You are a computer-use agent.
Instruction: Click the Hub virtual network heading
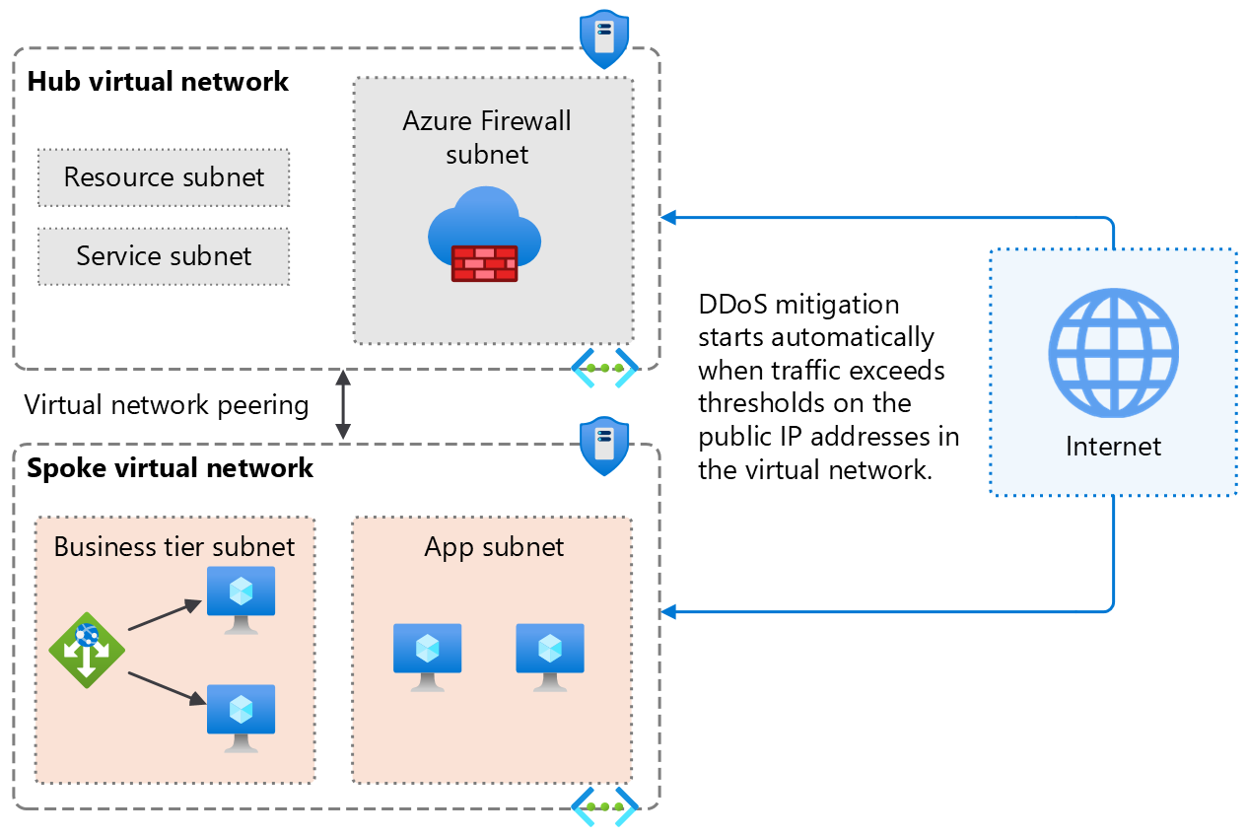click(158, 81)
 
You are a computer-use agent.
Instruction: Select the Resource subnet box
click(164, 177)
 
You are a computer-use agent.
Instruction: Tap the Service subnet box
click(164, 256)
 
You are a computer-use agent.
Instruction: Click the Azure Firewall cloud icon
click(484, 235)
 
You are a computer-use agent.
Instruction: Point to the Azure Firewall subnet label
click(487, 138)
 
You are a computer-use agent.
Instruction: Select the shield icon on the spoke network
click(604, 447)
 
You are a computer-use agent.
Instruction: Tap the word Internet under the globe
click(1113, 447)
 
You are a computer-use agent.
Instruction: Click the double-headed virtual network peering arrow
click(343, 404)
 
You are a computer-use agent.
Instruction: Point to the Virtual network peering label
click(166, 405)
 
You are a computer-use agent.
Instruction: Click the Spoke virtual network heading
click(170, 467)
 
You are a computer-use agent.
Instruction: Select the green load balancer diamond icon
click(87, 649)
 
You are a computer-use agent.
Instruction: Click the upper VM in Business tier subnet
click(241, 598)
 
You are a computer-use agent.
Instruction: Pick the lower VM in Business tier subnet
click(241, 717)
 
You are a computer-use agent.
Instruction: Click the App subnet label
click(494, 547)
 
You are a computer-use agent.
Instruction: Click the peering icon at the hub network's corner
click(604, 367)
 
